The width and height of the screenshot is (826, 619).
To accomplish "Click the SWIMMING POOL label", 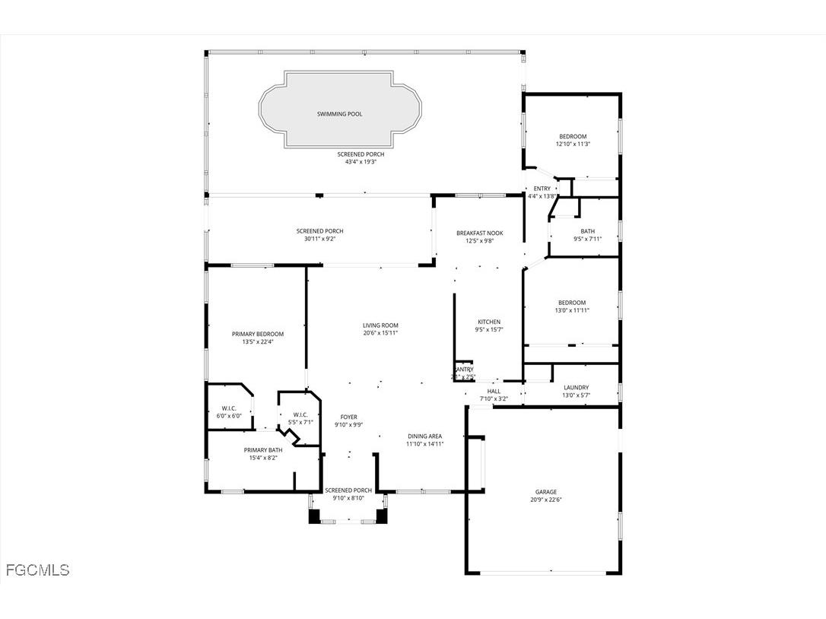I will [x=339, y=114].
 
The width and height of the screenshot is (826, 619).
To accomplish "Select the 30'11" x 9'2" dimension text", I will [x=319, y=239].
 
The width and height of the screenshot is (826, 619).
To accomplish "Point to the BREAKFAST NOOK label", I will [x=479, y=233].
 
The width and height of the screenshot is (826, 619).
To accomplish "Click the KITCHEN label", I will [x=488, y=321].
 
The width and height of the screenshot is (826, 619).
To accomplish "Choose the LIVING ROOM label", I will [x=380, y=325].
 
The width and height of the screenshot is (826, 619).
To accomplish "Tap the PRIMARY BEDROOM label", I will [x=257, y=334].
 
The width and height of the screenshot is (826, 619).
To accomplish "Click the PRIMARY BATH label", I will [x=262, y=449].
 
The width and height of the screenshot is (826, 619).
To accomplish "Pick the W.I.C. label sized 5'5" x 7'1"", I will [x=300, y=414].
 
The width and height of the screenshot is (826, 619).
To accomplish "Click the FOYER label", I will [x=348, y=417].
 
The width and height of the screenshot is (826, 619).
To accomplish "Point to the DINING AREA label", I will [x=424, y=436].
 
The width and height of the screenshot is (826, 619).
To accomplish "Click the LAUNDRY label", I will [x=575, y=387].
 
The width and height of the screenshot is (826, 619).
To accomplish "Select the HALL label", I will [x=493, y=391].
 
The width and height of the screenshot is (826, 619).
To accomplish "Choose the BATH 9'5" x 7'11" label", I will [x=587, y=231].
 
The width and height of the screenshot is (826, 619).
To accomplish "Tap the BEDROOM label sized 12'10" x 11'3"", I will [x=572, y=136].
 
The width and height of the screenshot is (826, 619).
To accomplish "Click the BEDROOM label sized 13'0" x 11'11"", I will [x=571, y=302].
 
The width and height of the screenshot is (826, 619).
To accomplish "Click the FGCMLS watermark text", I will [x=37, y=570].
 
